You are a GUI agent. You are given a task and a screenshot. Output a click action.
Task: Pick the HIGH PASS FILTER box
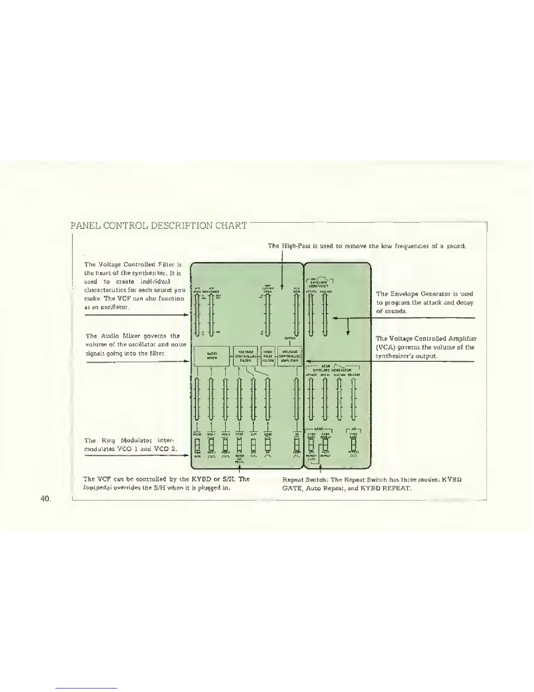coord(268,356)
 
